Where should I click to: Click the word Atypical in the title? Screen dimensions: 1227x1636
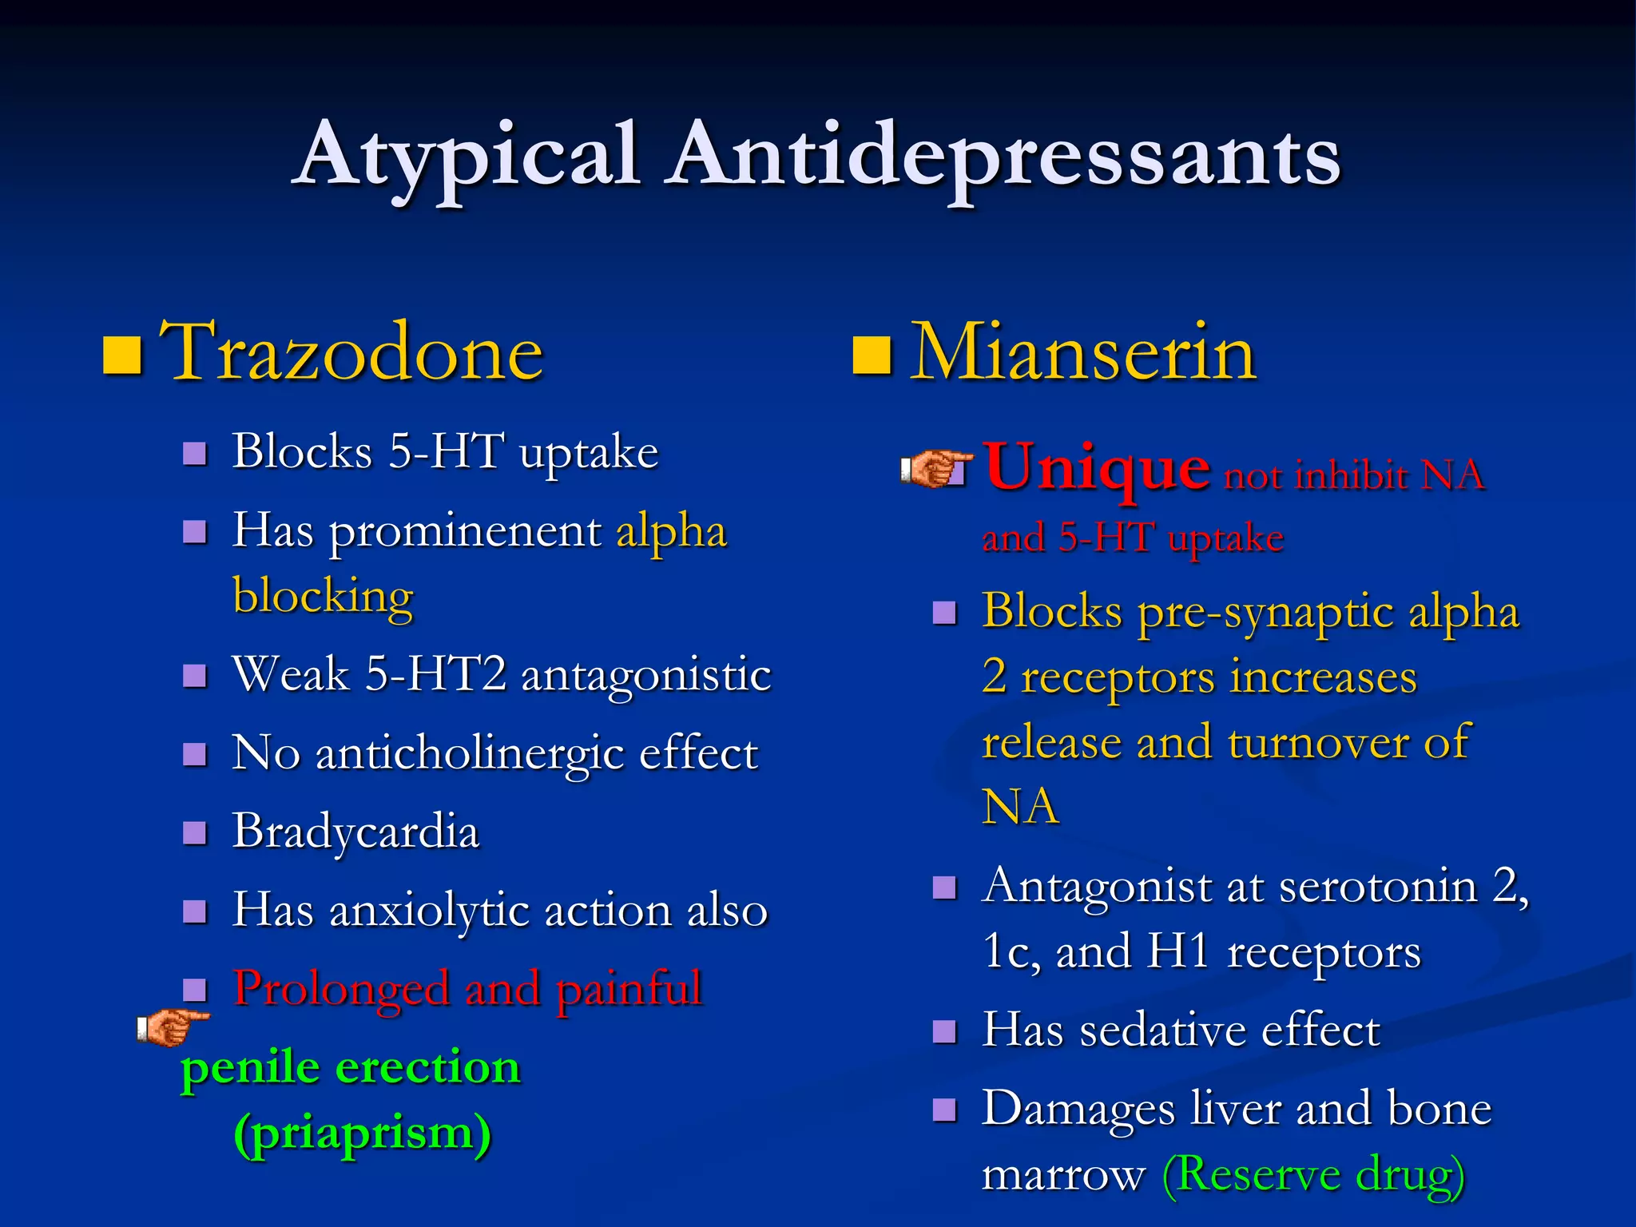pyautogui.click(x=468, y=156)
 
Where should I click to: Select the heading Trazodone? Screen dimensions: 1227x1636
pyautogui.click(x=351, y=352)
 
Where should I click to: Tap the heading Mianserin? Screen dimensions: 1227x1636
pyautogui.click(x=1083, y=352)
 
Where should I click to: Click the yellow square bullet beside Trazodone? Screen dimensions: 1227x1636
pyautogui.click(x=123, y=355)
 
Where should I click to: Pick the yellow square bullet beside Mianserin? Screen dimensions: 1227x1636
pyautogui.click(x=872, y=355)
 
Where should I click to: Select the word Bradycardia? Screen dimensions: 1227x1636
pyautogui.click(x=355, y=831)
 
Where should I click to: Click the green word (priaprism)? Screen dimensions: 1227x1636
pyautogui.click(x=362, y=1133)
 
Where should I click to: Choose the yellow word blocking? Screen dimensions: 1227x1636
pyautogui.click(x=323, y=596)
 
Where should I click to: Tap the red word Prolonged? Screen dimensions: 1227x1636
pyautogui.click(x=341, y=989)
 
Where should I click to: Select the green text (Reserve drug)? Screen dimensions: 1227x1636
pyautogui.click(x=1313, y=1174)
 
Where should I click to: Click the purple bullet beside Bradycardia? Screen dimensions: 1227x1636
pyautogui.click(x=195, y=833)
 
